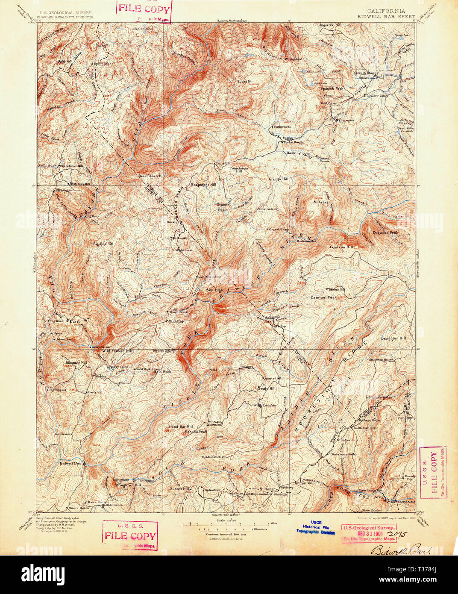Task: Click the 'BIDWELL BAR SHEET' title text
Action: [387, 17]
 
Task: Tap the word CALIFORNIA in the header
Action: [387, 11]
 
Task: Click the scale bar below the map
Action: [226, 523]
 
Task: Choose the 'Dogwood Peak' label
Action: [385, 233]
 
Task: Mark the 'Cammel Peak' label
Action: [323, 297]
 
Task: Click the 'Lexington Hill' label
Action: [393, 338]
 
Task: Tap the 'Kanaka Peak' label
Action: [196, 432]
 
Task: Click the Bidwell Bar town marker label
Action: [70, 463]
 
